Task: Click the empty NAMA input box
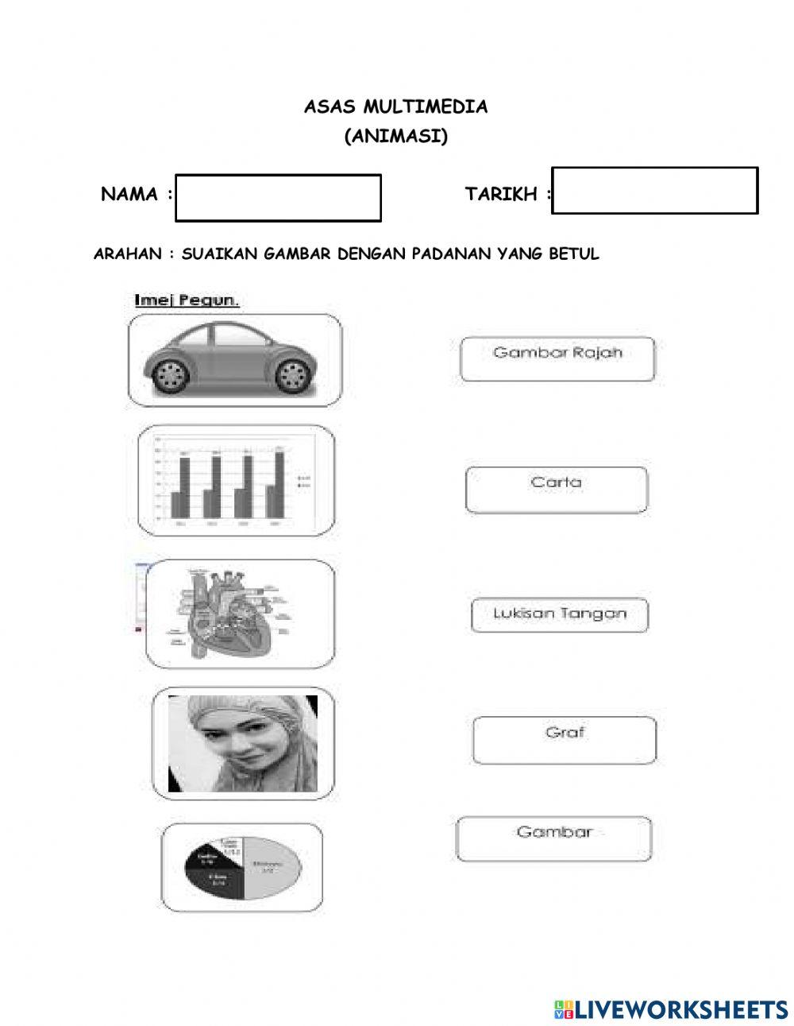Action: [278, 198]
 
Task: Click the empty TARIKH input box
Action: [654, 191]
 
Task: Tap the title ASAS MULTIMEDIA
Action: [395, 106]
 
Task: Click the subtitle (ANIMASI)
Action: [395, 137]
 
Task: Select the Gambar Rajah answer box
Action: [557, 359]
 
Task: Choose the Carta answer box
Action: [556, 490]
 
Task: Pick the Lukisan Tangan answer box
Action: [559, 615]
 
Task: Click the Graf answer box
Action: [564, 740]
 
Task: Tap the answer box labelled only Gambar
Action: [553, 838]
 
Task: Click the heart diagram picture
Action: [230, 612]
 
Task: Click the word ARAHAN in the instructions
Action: [126, 254]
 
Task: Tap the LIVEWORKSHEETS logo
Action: [671, 1009]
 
